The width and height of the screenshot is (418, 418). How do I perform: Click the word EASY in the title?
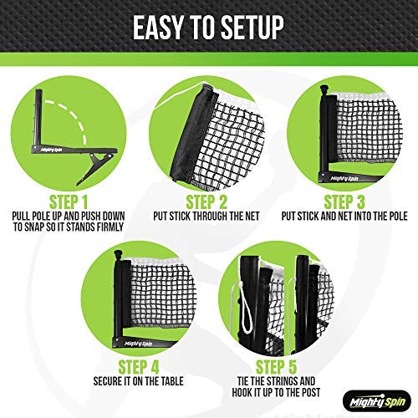[158, 27]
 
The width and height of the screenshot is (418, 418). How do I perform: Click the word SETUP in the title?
[252, 27]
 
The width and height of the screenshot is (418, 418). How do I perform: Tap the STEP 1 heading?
[69, 202]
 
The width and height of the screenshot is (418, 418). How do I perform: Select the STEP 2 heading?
[206, 202]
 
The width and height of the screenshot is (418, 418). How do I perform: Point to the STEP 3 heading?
[344, 202]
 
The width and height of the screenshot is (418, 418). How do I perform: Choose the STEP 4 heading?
[139, 367]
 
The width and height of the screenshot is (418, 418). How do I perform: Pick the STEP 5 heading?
[276, 367]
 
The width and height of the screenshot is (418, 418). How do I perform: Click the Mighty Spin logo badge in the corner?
[377, 401]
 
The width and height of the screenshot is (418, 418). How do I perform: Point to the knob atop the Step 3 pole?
[324, 90]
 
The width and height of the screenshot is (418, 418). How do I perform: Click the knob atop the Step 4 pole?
[119, 255]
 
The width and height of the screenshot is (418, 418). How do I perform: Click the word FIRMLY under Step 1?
[110, 227]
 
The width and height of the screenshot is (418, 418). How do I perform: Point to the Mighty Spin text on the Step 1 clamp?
[52, 150]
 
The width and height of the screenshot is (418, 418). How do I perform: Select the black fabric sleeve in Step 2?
[192, 134]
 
